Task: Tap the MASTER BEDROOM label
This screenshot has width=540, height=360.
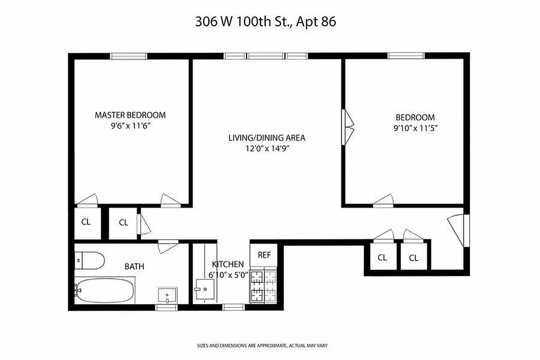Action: pyautogui.click(x=130, y=115)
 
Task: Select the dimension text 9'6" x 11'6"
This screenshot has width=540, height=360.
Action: pyautogui.click(x=130, y=126)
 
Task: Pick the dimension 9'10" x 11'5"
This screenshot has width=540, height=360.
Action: pyautogui.click(x=415, y=128)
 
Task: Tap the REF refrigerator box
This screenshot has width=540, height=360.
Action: pyautogui.click(x=264, y=255)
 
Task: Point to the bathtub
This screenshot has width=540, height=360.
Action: pyautogui.click(x=105, y=291)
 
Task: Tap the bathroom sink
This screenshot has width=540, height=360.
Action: pyautogui.click(x=167, y=296)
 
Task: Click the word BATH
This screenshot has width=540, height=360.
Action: pyautogui.click(x=134, y=266)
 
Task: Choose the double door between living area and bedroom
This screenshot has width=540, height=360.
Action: pyautogui.click(x=348, y=127)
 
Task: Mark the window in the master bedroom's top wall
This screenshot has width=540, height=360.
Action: pyautogui.click(x=129, y=56)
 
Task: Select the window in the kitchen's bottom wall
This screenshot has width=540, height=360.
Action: pyautogui.click(x=234, y=307)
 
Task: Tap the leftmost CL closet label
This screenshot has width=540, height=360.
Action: pyautogui.click(x=86, y=222)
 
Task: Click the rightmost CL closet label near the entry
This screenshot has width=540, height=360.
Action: pyautogui.click(x=414, y=258)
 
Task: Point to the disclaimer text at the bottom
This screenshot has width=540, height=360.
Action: pyautogui.click(x=262, y=346)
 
